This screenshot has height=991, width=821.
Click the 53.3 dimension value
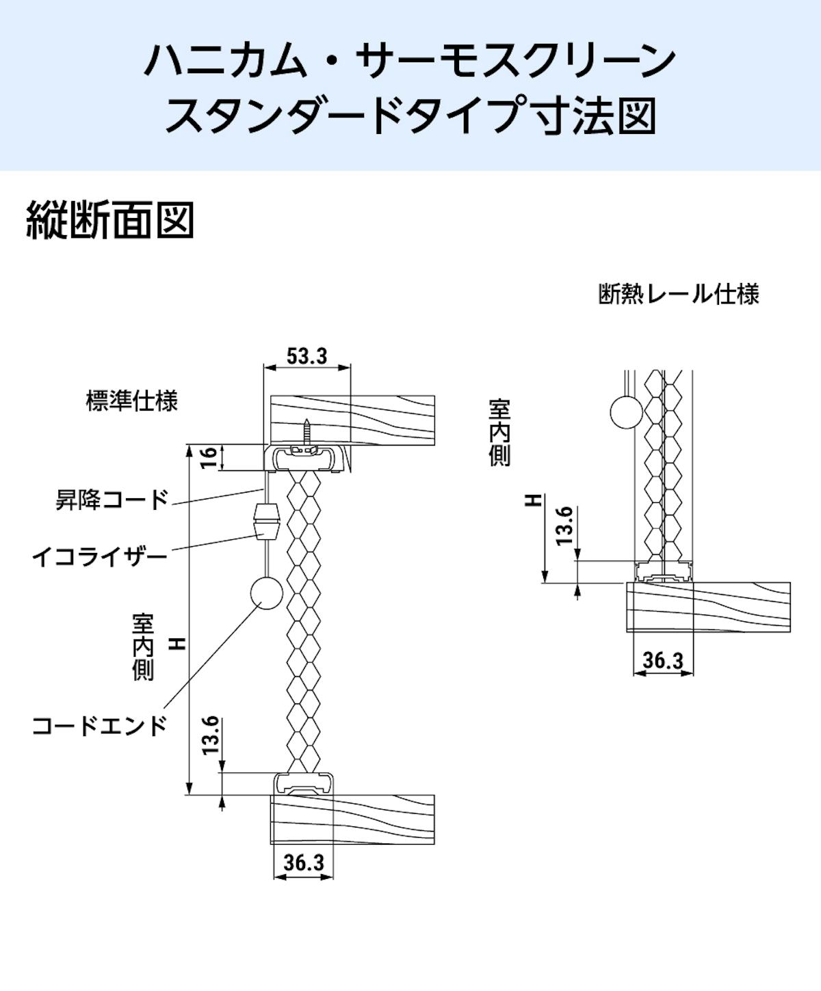click(x=307, y=355)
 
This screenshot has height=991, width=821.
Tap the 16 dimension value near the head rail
click(x=210, y=457)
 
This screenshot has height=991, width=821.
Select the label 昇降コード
click(x=112, y=500)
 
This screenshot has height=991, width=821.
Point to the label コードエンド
click(x=100, y=725)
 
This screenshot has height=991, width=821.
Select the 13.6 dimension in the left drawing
click(x=210, y=735)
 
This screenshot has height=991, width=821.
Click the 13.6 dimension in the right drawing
click(x=564, y=525)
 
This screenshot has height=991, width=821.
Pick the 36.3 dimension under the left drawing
click(x=304, y=863)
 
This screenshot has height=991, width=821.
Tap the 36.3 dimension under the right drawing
click(x=663, y=660)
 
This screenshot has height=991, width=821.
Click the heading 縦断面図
click(x=109, y=220)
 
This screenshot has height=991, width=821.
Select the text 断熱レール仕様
click(x=679, y=295)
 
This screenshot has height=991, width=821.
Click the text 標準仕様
click(x=131, y=401)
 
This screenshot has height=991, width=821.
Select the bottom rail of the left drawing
click(x=306, y=784)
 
